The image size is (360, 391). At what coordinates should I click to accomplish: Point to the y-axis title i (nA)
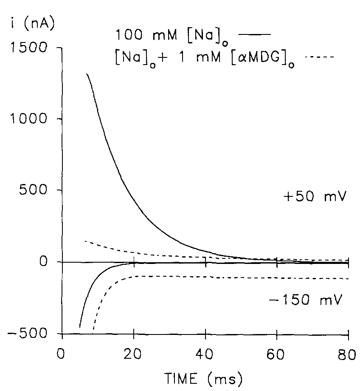coord(31,24)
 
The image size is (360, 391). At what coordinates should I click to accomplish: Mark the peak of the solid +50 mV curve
coord(87,74)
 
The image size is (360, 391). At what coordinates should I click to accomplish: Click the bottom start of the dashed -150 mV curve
coord(93,329)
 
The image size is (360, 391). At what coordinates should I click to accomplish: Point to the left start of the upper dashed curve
coord(85,241)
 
